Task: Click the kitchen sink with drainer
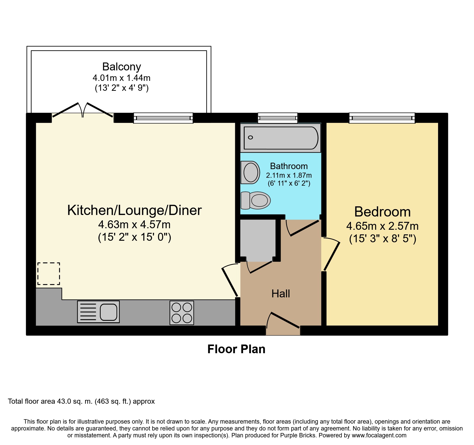(x=98, y=312)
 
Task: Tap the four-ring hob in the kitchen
(x=182, y=313)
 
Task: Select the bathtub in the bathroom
(x=281, y=138)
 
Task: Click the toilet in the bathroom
(x=256, y=200)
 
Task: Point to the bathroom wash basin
(x=250, y=172)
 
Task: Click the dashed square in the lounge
(x=49, y=274)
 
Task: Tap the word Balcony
(x=122, y=67)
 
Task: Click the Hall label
(x=281, y=294)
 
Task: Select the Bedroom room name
(x=383, y=212)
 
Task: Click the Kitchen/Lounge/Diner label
(x=134, y=210)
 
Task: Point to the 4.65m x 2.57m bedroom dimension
(x=383, y=226)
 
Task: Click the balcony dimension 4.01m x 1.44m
(x=122, y=78)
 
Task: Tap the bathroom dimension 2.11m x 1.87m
(x=289, y=175)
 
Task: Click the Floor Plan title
(x=236, y=349)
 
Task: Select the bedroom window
(x=382, y=118)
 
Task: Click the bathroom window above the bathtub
(x=278, y=118)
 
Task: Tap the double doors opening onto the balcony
(x=83, y=110)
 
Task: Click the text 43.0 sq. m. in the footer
(x=75, y=401)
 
